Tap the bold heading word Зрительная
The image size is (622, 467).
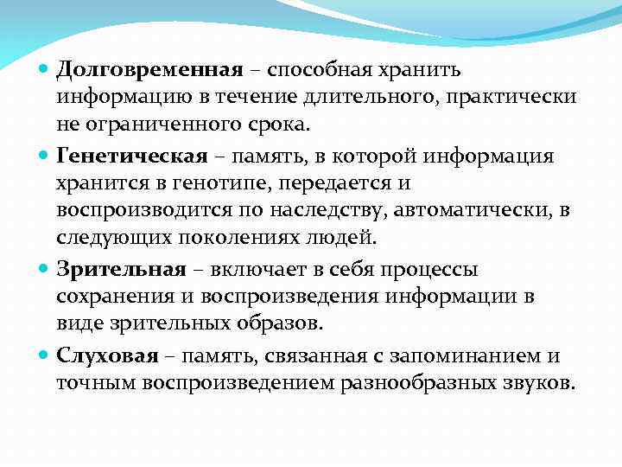tap(121, 269)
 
